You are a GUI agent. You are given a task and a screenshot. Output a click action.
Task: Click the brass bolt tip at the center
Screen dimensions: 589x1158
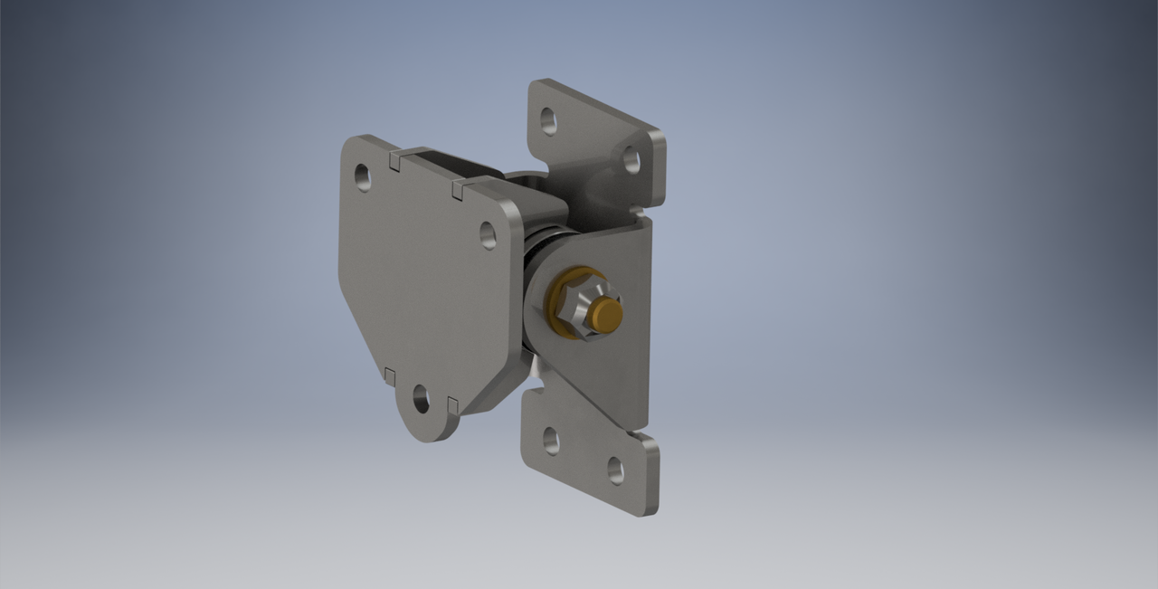(605, 314)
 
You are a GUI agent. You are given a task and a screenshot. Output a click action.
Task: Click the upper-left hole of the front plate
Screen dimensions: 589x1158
(363, 176)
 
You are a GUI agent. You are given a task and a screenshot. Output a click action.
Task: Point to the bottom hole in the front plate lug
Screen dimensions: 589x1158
(421, 397)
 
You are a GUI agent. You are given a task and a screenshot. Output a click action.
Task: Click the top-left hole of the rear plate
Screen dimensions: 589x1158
(548, 119)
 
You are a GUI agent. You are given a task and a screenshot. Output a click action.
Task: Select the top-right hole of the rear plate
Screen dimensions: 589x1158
(631, 161)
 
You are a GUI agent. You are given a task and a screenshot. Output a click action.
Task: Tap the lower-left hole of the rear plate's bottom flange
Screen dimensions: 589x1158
(551, 440)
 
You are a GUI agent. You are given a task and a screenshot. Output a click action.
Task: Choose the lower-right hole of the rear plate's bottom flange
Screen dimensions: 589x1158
(615, 470)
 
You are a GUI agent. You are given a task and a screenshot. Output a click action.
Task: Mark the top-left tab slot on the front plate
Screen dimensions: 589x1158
(395, 160)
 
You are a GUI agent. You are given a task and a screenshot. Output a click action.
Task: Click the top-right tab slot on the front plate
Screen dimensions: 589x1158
(457, 189)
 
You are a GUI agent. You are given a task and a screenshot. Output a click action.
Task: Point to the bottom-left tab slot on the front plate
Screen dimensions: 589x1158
(390, 375)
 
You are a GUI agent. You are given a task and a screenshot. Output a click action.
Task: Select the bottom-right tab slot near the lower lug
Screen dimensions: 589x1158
(453, 402)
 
